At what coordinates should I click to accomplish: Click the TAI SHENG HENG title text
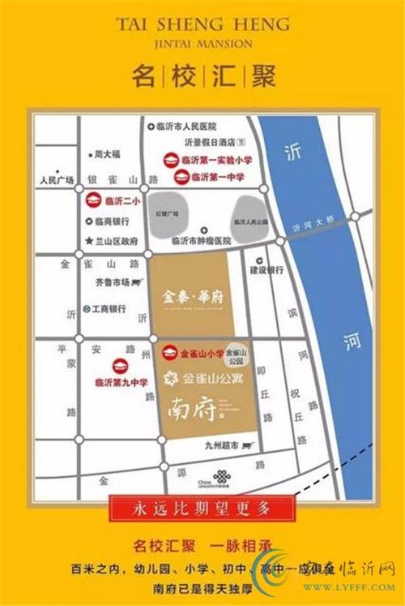202,25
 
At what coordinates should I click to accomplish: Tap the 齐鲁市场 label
113,282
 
